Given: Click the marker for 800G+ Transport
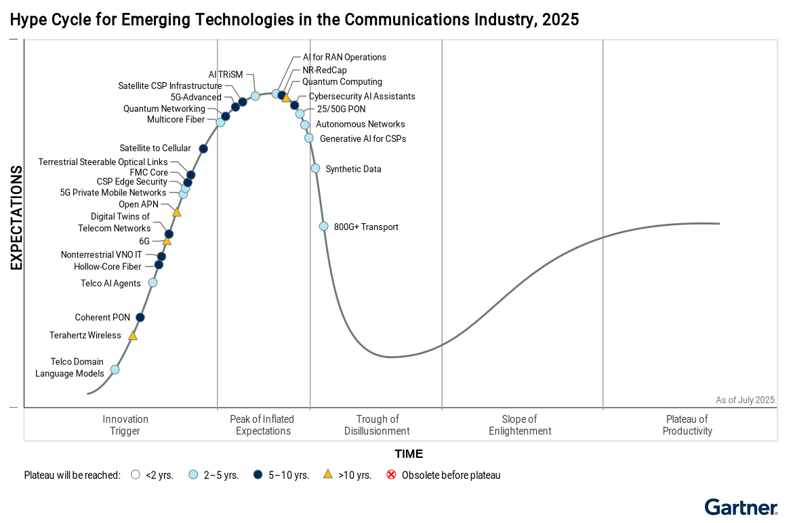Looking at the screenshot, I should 324,227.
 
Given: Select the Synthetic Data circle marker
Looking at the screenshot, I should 315,168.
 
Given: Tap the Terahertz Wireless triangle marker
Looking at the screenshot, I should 133,336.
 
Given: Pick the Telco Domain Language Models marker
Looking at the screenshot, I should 115,370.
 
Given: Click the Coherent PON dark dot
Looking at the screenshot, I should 140,317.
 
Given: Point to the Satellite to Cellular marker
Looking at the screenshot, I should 203,149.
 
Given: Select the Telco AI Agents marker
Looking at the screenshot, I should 152,283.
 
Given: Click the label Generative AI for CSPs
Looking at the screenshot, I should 363,139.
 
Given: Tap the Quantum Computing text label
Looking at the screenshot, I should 342,82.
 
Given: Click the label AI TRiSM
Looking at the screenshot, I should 225,75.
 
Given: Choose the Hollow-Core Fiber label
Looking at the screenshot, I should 108,267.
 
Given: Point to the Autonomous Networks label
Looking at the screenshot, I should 360,124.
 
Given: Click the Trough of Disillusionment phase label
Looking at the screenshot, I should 377,425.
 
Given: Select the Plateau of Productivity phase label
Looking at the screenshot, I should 687,425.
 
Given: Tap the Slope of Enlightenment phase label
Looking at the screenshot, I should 520,425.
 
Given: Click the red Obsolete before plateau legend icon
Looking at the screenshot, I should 391,475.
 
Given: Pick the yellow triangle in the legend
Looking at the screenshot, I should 328,475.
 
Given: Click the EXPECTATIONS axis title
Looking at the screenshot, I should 16,218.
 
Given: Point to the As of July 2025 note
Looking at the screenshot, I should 745,400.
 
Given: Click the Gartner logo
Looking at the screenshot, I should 741,507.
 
